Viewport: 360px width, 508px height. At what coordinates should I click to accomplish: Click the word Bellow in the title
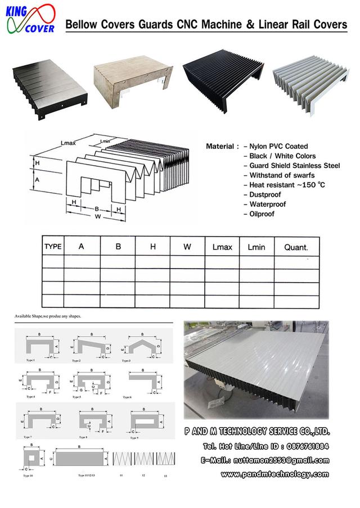click(x=82, y=25)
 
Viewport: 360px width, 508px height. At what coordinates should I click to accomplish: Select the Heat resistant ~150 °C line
click(x=285, y=185)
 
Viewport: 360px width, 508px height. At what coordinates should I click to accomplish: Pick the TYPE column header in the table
click(x=53, y=246)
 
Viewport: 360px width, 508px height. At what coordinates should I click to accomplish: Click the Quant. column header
click(x=296, y=246)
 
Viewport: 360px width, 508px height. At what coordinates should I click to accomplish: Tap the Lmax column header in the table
click(x=222, y=246)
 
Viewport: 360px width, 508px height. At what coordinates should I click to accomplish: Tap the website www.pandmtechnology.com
click(x=274, y=474)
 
